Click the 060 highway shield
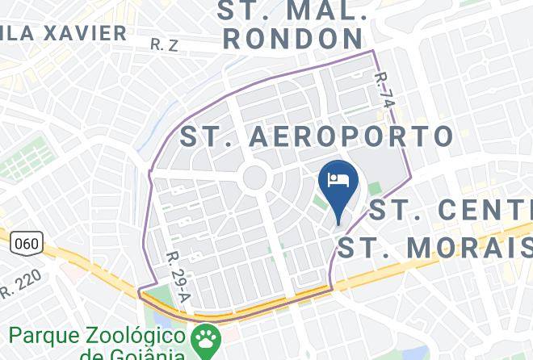pos(25,242)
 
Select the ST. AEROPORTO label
pos(316,136)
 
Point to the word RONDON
pos(292,38)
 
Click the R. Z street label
pos(164,45)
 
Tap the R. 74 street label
pos(385,92)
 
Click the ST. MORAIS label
pos(434,247)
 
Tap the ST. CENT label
pos(451,210)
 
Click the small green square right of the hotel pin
pos(374,189)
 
